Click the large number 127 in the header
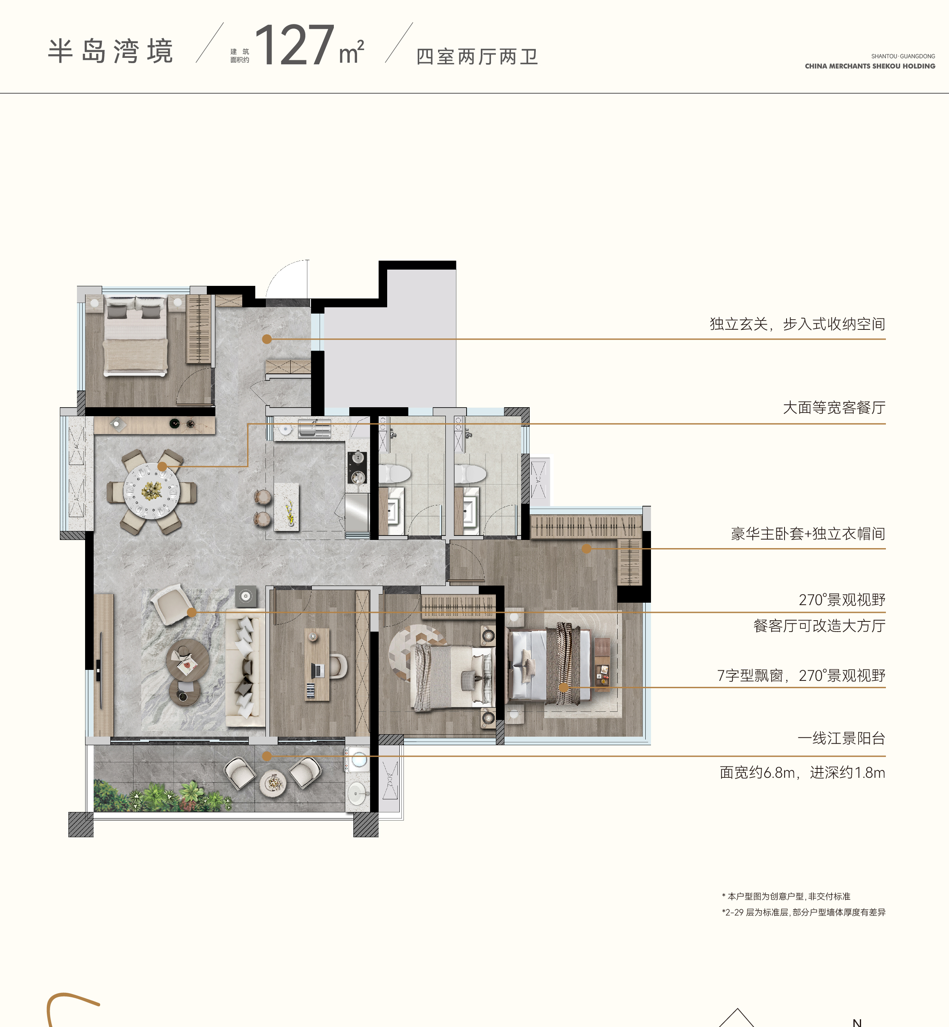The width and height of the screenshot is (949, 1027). click(x=295, y=45)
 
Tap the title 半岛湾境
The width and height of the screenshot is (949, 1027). click(x=110, y=51)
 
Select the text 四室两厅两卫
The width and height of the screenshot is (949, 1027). click(x=477, y=57)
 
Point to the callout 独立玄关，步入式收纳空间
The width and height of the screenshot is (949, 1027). click(x=798, y=324)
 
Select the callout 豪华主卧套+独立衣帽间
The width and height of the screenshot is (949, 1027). click(x=808, y=534)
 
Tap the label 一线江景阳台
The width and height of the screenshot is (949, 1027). click(x=841, y=738)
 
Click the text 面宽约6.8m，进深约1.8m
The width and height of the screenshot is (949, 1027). click(x=802, y=772)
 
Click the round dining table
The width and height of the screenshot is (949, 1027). click(x=152, y=491)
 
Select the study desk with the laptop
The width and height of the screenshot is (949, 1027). click(x=317, y=664)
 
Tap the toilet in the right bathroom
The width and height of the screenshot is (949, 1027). click(x=470, y=473)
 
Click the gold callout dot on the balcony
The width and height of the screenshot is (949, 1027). click(x=267, y=756)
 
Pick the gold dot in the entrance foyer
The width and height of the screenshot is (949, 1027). click(x=267, y=339)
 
